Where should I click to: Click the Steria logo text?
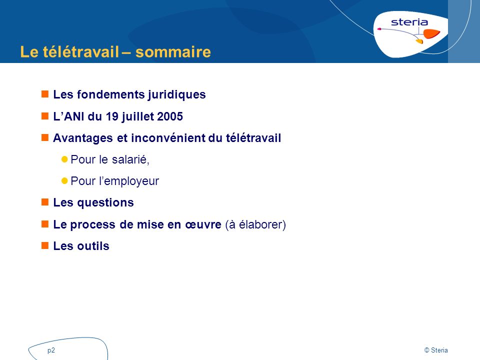click(409, 22)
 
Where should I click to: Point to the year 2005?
click(170, 116)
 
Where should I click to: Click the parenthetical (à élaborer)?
click(255, 224)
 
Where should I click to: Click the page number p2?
click(51, 350)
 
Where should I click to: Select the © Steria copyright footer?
click(436, 350)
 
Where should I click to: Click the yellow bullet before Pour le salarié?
click(64, 159)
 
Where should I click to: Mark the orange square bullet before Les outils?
click(44, 245)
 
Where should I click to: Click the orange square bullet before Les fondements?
click(44, 93)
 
